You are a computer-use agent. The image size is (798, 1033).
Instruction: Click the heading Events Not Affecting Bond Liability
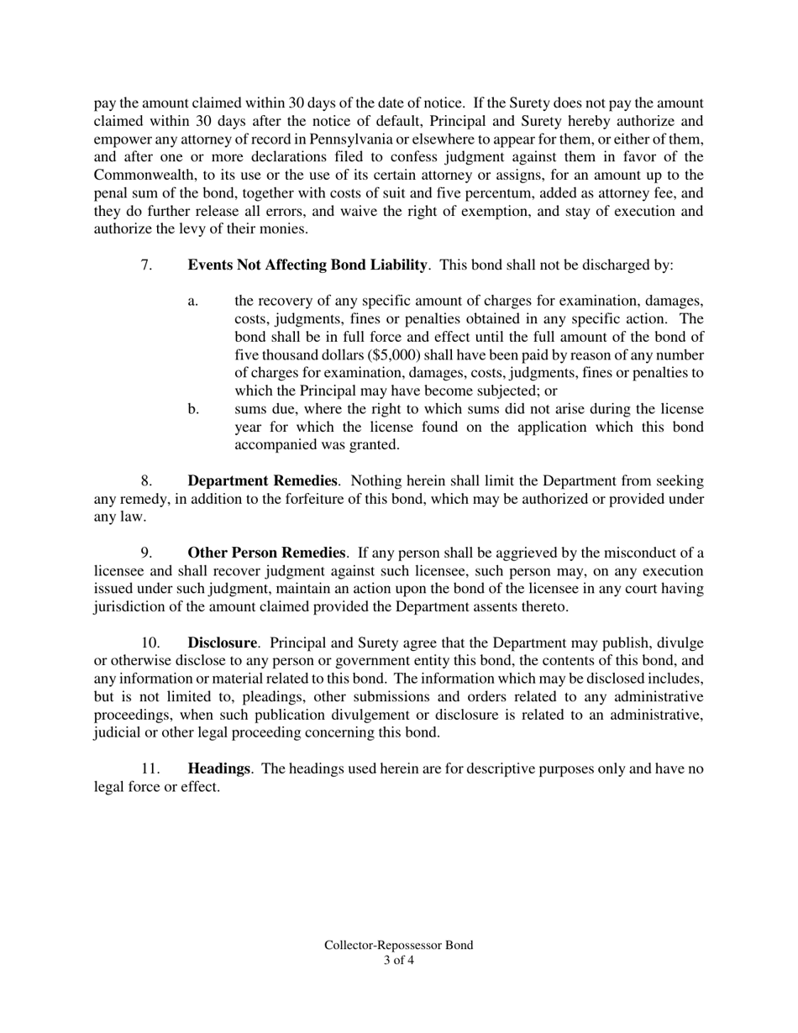point(307,265)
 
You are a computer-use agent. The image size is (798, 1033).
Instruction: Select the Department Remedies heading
point(262,481)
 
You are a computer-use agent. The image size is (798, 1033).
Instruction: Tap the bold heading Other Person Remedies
point(266,553)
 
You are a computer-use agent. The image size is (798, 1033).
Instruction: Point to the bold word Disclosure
point(222,642)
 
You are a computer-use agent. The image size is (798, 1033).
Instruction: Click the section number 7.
point(146,265)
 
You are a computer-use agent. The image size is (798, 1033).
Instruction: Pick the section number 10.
point(150,642)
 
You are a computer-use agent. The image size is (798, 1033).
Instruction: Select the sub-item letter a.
point(193,301)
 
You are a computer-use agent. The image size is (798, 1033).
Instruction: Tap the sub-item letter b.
point(193,409)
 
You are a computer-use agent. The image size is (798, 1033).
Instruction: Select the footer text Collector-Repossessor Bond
point(398,945)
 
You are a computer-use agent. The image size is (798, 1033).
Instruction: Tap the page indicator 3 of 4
point(398,960)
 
